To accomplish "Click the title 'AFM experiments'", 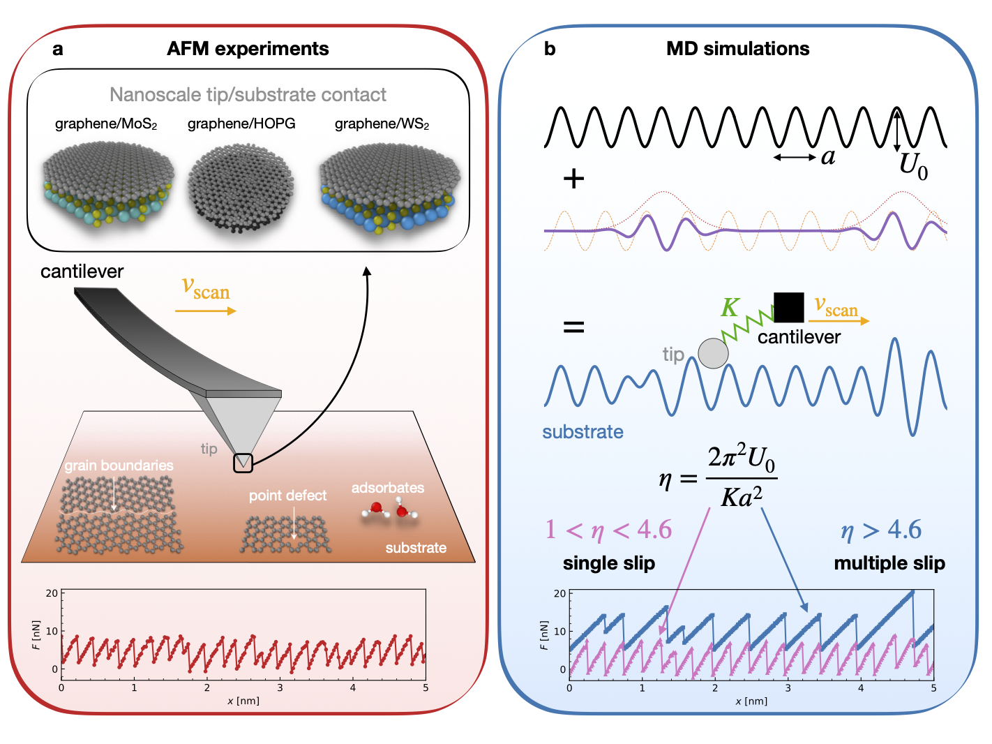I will pos(248,49).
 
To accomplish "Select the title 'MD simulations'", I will pos(737,49).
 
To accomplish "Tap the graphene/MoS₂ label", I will pos(106,124).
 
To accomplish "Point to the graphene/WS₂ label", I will pos(382,124).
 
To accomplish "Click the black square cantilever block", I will pos(788,308).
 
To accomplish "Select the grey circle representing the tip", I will pos(713,353).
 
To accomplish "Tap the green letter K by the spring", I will pos(730,308).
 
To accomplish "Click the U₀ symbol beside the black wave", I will pos(912,167).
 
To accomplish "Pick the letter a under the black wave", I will pos(828,157).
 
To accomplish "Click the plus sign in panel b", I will pos(573,179).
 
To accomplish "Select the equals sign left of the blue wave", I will pos(573,327).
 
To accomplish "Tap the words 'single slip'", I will pos(609,563).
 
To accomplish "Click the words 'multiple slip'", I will pos(889,563).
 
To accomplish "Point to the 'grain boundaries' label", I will pos(119,466).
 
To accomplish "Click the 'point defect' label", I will pos(287,496).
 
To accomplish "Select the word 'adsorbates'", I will pos(387,488).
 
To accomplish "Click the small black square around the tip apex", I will pos(243,463).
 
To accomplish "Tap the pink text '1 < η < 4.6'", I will pos(608,530).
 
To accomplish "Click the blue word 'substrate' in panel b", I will pos(583,432).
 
